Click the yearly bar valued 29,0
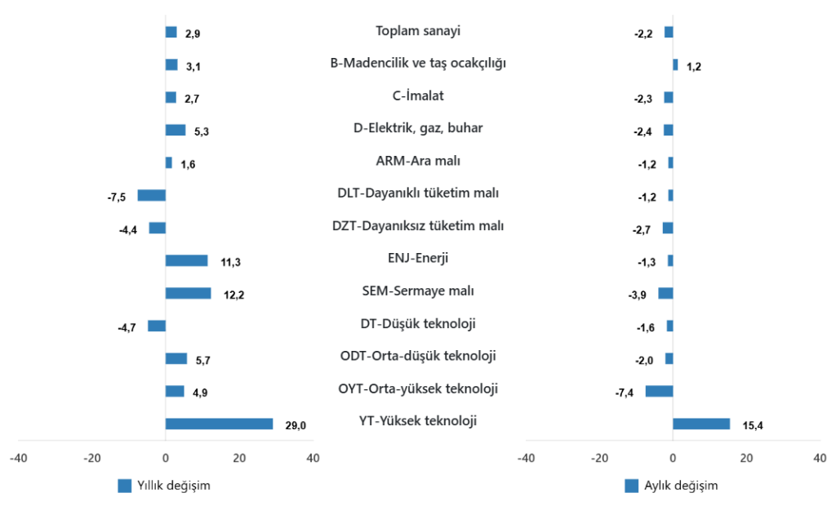pyautogui.click(x=219, y=424)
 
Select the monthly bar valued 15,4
pyautogui.click(x=701, y=424)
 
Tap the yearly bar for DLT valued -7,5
pyautogui.click(x=151, y=195)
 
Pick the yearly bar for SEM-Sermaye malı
pyautogui.click(x=188, y=293)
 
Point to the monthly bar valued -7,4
pyautogui.click(x=660, y=391)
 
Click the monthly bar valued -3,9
pyautogui.click(x=665, y=293)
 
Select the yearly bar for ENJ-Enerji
pyautogui.click(x=186, y=260)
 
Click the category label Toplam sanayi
pyautogui.click(x=418, y=31)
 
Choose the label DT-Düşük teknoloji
pyautogui.click(x=418, y=323)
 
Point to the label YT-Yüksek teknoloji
pyautogui.click(x=418, y=421)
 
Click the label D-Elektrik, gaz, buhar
pyautogui.click(x=418, y=128)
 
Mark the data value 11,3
pyautogui.click(x=230, y=262)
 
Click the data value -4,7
pyautogui.click(x=127, y=327)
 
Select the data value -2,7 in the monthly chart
pyautogui.click(x=642, y=229)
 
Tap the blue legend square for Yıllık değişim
pyautogui.click(x=125, y=486)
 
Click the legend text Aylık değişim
pyautogui.click(x=682, y=486)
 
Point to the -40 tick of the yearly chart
pyautogui.click(x=18, y=458)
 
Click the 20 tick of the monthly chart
pyautogui.click(x=746, y=458)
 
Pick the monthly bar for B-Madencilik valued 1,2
pyautogui.click(x=675, y=64)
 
